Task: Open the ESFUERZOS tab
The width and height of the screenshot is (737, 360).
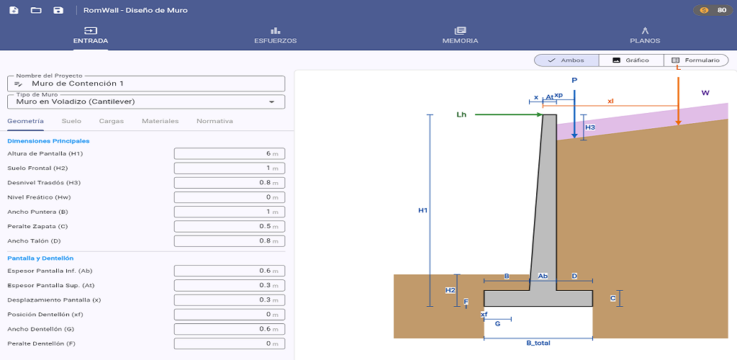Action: tap(275, 35)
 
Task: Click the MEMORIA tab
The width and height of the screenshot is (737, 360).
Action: tap(460, 35)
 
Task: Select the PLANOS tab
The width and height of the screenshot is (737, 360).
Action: tap(645, 35)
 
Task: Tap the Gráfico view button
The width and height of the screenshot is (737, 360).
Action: tap(631, 60)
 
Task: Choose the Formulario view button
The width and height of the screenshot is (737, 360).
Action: tap(696, 60)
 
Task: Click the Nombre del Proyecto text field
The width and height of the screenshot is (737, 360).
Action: tap(146, 84)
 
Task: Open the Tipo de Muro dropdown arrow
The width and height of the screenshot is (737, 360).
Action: tap(271, 102)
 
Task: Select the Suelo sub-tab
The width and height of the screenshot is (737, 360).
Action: tap(71, 121)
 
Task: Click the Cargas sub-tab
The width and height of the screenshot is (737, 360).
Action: tap(112, 121)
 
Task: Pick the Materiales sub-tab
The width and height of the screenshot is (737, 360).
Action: tap(160, 121)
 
